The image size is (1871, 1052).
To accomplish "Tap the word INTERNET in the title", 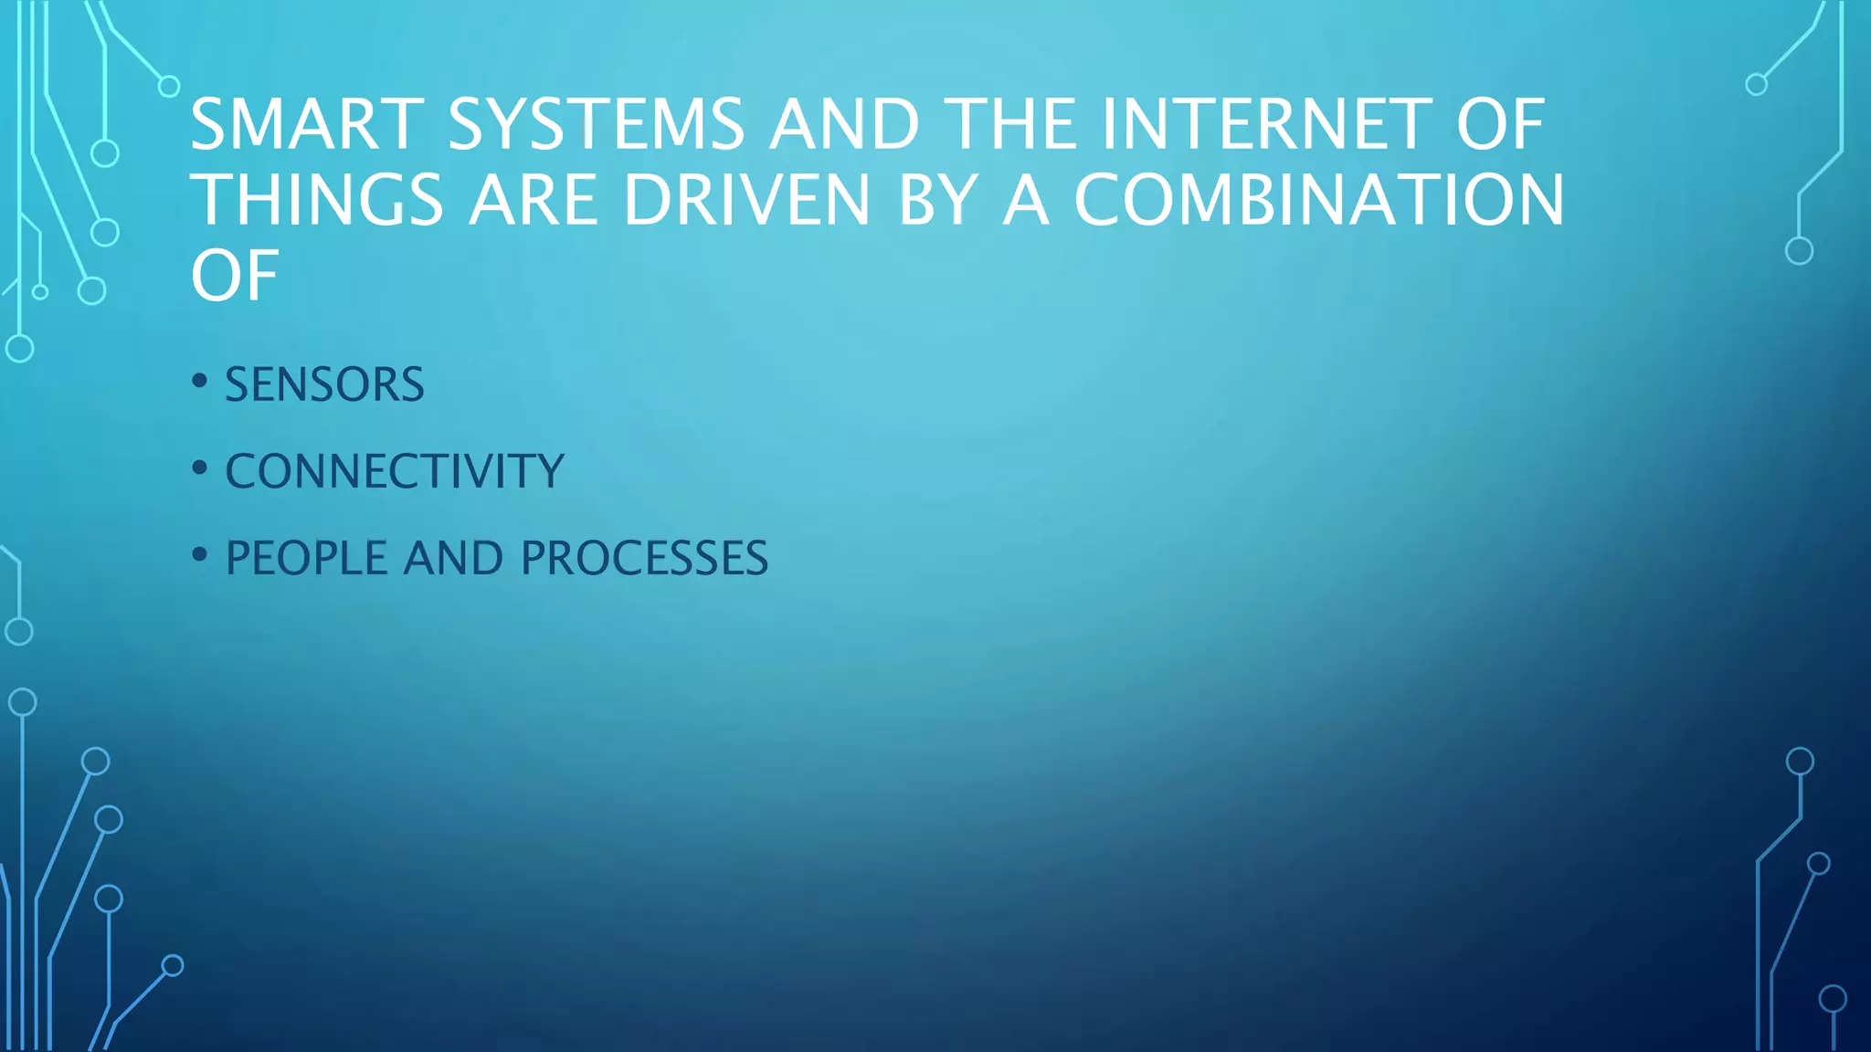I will [1267, 124].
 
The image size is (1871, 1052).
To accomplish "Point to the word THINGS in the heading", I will [317, 200].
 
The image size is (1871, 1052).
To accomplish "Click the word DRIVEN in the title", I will [746, 200].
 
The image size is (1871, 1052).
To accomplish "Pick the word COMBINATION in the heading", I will [1319, 200].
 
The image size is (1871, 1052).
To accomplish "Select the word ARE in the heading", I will [534, 200].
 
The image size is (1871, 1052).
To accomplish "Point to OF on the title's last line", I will [234, 276].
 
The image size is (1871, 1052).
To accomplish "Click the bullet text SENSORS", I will [324, 384].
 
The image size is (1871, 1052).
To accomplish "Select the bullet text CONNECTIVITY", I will [395, 471].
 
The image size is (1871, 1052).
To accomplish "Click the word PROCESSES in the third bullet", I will [644, 558].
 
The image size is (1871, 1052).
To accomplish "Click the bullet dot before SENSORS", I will [200, 381].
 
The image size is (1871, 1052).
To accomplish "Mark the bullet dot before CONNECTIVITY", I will [200, 468].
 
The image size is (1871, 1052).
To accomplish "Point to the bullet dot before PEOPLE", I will [200, 554].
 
